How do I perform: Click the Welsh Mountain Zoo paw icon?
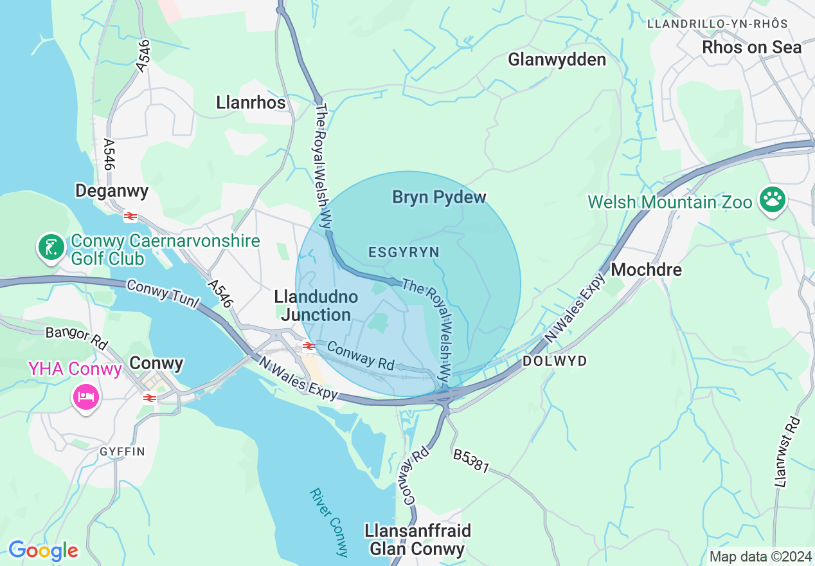(773, 201)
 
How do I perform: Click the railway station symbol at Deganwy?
(130, 217)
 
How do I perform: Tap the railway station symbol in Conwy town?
(150, 398)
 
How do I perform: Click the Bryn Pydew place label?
(439, 197)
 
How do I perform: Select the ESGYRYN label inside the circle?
(403, 253)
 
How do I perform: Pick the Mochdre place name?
(646, 269)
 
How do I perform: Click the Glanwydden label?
(557, 60)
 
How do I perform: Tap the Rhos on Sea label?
(751, 48)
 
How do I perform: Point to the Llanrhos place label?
(251, 102)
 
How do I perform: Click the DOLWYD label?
(555, 361)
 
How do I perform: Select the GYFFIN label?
(122, 452)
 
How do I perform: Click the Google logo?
(43, 551)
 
